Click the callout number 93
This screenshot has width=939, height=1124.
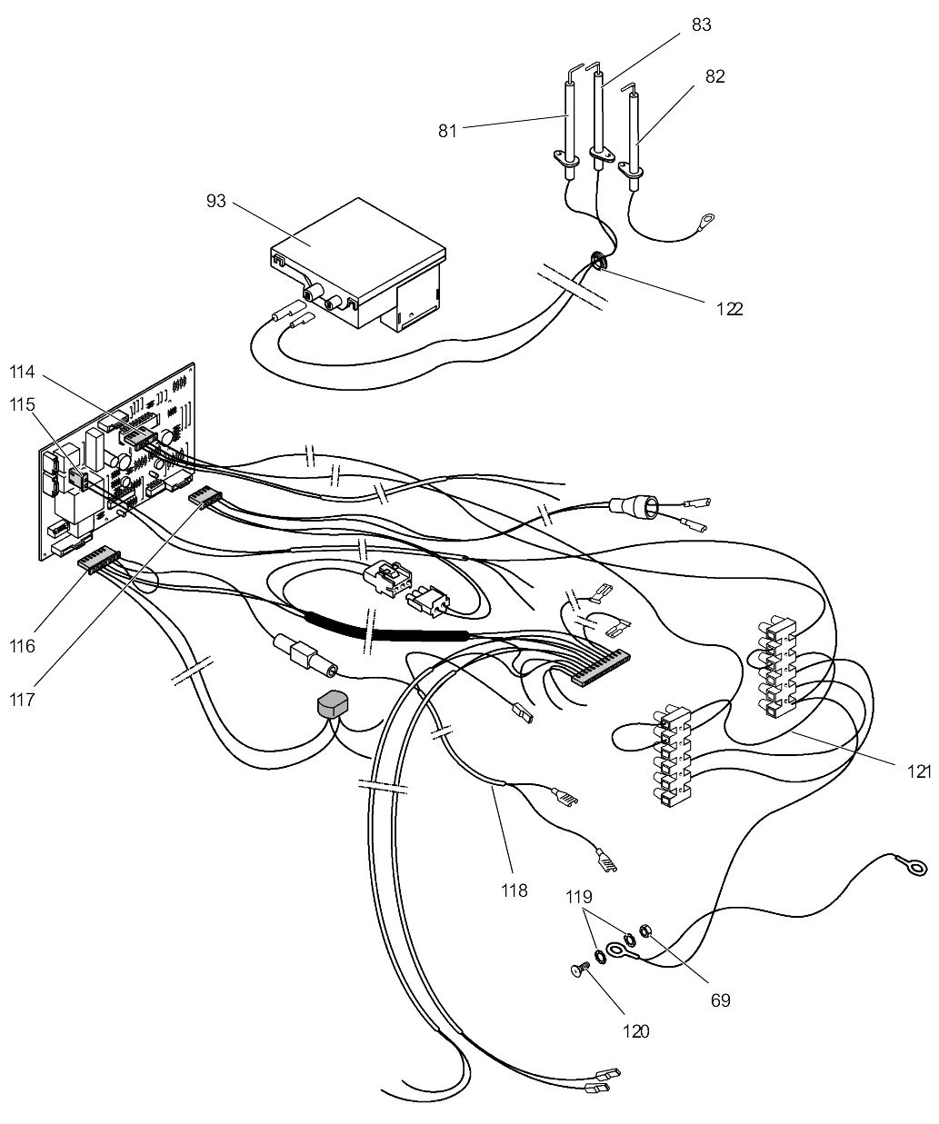pyautogui.click(x=216, y=200)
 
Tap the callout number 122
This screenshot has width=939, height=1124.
pyautogui.click(x=728, y=308)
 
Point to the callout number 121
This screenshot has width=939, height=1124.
pyautogui.click(x=920, y=771)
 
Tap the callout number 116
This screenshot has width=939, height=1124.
pyautogui.click(x=24, y=646)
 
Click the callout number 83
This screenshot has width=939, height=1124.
pyautogui.click(x=701, y=25)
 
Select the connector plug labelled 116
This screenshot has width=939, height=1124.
pyautogui.click(x=98, y=557)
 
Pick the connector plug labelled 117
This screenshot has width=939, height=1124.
pyautogui.click(x=205, y=497)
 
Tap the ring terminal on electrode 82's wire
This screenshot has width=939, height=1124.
pyautogui.click(x=705, y=219)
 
